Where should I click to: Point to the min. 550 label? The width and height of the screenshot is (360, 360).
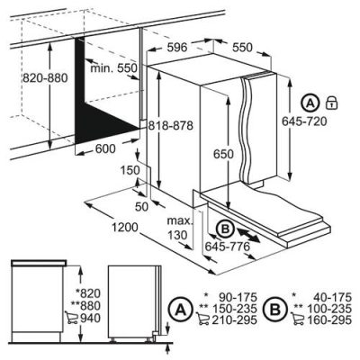115,69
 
